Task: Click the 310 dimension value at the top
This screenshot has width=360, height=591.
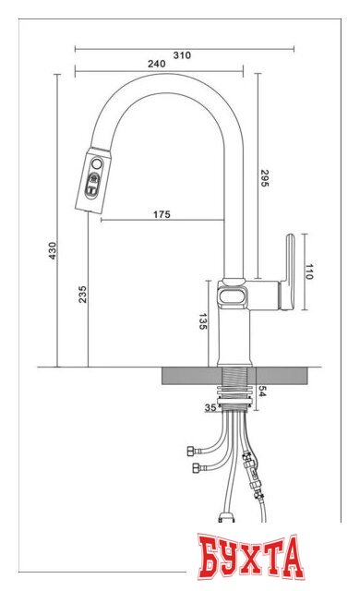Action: (181, 55)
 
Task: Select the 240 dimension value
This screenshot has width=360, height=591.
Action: (156, 64)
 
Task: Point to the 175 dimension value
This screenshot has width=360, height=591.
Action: (162, 215)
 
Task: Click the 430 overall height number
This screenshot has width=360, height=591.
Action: (53, 250)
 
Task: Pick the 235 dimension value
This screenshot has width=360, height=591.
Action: (83, 295)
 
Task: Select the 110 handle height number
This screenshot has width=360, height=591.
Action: (310, 271)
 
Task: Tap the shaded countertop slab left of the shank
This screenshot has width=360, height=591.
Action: (190, 375)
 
